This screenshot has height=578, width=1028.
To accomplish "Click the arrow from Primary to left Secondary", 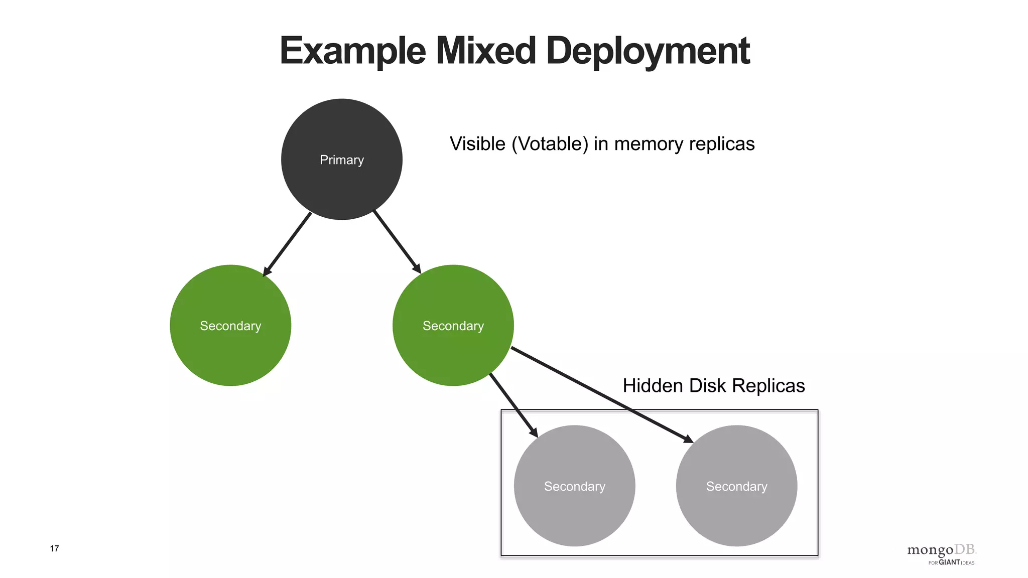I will [288, 244].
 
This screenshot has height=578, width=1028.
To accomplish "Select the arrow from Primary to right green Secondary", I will [397, 242].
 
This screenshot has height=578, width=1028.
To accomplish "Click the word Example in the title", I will [352, 51].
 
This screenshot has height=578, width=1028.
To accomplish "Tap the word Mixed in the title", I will [485, 51].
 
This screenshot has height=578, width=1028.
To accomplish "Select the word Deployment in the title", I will [648, 51].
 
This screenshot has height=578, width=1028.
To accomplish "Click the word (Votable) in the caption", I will [550, 144].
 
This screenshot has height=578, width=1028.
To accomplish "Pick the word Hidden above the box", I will [653, 386].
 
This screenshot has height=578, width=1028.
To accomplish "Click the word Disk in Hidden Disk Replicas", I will [708, 386].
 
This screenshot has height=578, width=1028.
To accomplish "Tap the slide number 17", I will [54, 548].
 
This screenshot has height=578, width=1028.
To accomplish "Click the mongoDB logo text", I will [941, 550].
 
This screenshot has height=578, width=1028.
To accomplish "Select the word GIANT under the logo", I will [949, 562].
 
